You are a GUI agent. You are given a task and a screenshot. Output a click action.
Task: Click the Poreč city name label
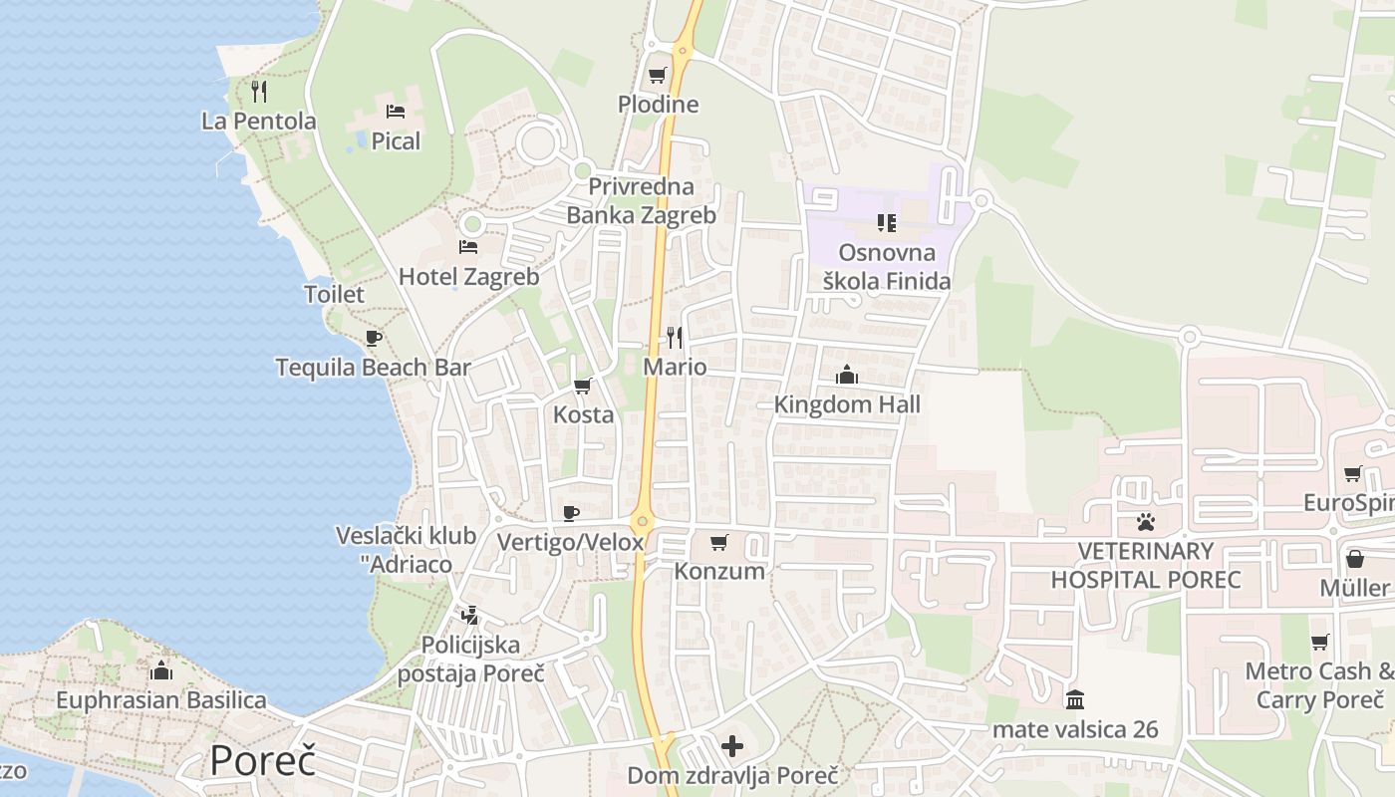pos(262,761)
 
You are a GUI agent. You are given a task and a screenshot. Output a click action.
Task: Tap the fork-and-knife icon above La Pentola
pos(259,92)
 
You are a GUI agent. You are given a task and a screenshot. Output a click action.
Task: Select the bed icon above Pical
pos(396,112)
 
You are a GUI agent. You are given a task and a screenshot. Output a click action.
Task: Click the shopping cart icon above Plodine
pos(658,75)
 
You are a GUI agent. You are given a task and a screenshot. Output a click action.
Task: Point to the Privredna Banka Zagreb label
pos(641,200)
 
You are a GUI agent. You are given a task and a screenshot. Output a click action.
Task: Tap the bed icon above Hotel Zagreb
pos(468,246)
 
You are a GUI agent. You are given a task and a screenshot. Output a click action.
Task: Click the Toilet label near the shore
pos(334,294)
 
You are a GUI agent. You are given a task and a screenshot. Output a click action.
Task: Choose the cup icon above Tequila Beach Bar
pos(374,338)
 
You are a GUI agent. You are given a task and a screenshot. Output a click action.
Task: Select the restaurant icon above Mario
pos(675,337)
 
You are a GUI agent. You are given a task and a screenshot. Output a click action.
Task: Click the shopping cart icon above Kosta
pos(583,386)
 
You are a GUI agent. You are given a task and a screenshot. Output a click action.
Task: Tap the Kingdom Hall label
pos(847,404)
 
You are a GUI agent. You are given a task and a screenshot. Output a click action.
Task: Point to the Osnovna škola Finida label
pos(887,267)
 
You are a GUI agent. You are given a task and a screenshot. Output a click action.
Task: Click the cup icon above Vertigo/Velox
pos(570,513)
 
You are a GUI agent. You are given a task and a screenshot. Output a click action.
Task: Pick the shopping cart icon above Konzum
pos(719,542)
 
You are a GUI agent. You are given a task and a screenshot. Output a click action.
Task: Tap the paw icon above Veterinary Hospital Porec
pos(1146,521)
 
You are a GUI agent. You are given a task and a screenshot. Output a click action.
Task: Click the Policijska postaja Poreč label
pos(470,659)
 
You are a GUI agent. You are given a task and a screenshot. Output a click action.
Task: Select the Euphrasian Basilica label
pos(160,700)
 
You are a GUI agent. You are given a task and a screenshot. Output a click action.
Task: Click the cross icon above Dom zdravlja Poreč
pos(732,745)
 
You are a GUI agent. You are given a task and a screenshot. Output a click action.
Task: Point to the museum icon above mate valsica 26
pos(1075,699)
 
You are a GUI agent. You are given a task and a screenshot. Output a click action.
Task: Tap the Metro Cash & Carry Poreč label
pos(1319,684)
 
